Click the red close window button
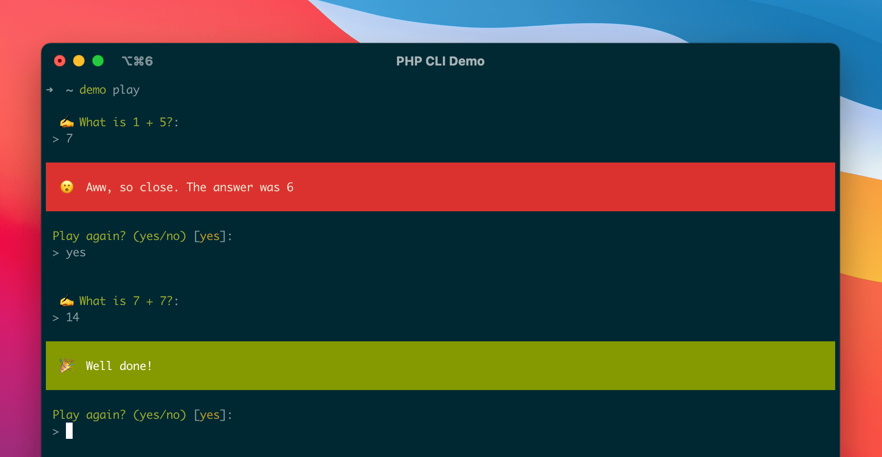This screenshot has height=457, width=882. [x=60, y=61]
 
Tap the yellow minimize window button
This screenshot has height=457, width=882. [x=79, y=61]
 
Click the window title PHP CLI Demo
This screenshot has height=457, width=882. [x=440, y=61]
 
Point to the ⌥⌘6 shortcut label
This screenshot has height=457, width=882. [x=137, y=61]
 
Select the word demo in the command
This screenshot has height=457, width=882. [x=93, y=90]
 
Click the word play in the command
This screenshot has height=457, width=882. [x=126, y=90]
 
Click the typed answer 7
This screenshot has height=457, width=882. [x=70, y=139]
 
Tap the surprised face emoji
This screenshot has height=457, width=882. [x=67, y=187]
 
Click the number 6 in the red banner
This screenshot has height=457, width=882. [x=290, y=187]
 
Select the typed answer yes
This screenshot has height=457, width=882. [x=76, y=253]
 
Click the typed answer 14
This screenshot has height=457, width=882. [x=73, y=317]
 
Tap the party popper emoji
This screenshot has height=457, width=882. [x=67, y=366]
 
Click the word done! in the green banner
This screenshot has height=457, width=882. [x=136, y=366]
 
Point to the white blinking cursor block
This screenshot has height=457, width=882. [x=69, y=431]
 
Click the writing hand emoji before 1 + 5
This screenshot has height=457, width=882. [x=67, y=122]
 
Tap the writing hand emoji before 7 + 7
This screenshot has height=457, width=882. [x=67, y=301]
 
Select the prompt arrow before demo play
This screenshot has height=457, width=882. [x=50, y=90]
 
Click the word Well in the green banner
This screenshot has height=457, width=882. [x=99, y=366]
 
